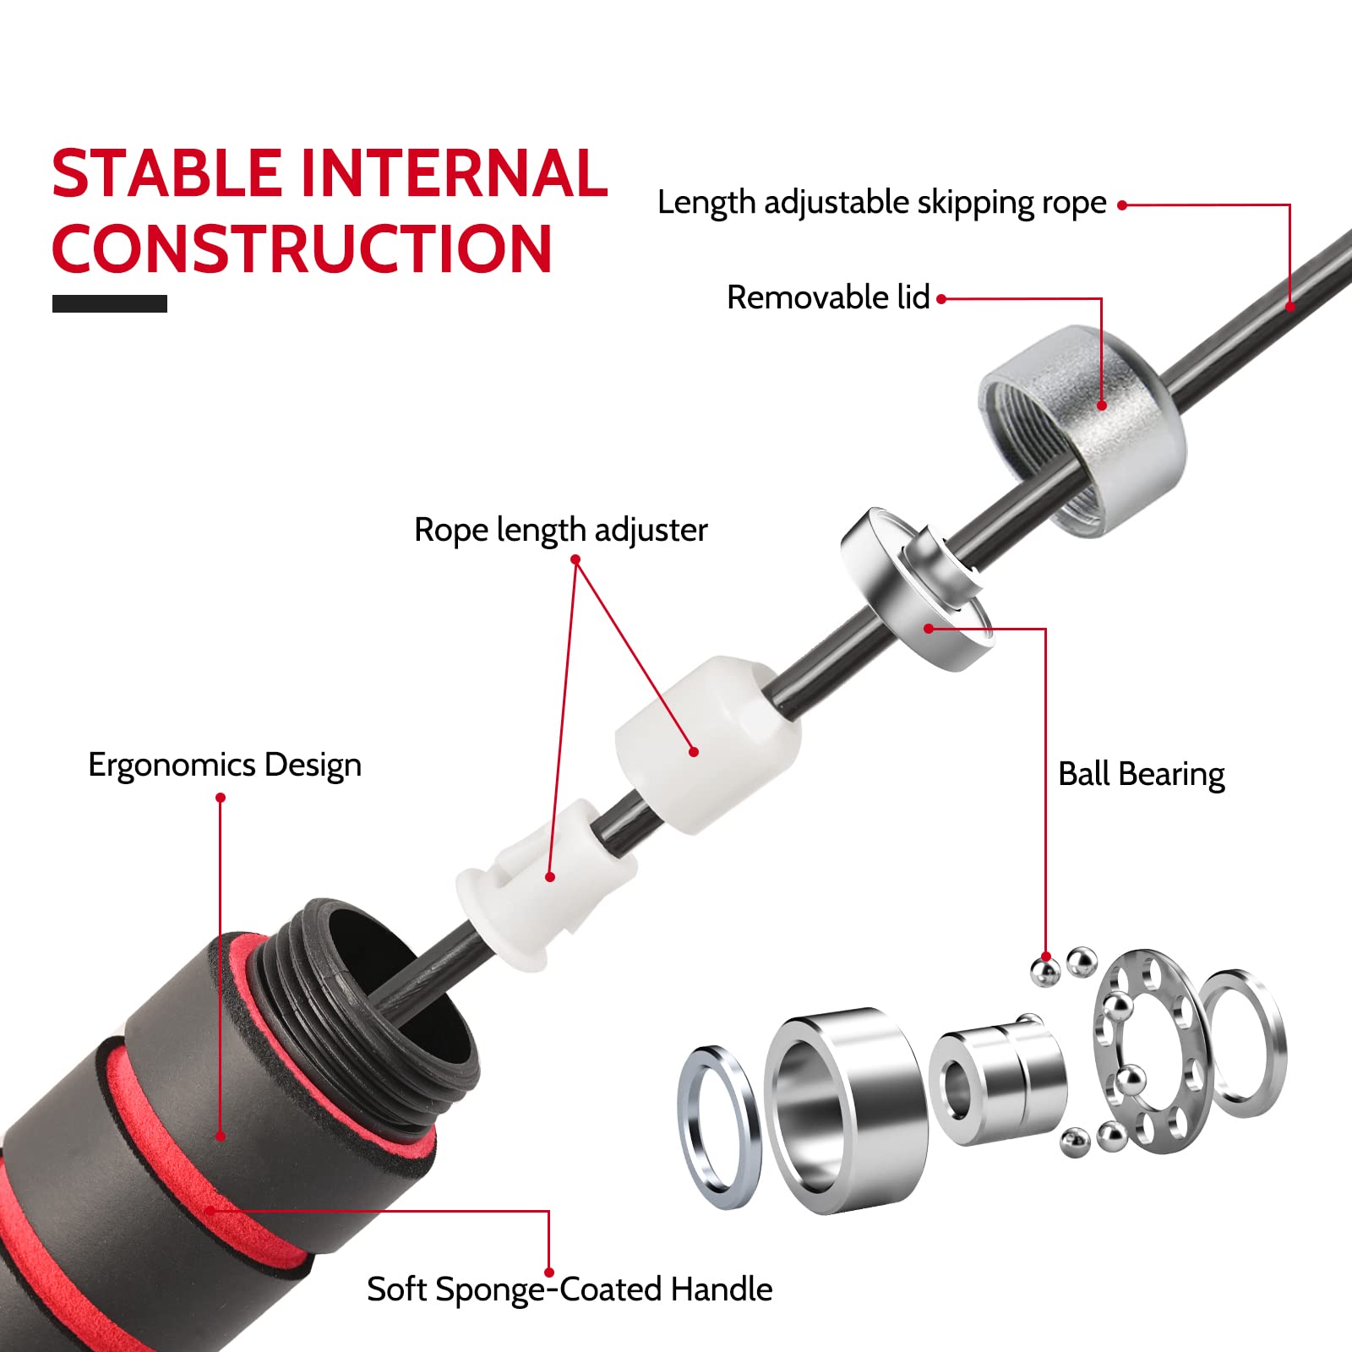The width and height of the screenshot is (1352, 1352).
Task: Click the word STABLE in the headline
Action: click(166, 173)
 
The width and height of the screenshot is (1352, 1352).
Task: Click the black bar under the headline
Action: click(110, 303)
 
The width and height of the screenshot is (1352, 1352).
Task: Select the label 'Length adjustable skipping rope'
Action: click(882, 204)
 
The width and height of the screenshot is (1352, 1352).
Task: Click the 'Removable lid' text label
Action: click(828, 297)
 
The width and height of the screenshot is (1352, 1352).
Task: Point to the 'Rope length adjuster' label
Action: click(561, 531)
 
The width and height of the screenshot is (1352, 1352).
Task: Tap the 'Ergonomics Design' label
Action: click(225, 766)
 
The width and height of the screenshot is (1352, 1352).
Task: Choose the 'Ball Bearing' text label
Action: click(1142, 775)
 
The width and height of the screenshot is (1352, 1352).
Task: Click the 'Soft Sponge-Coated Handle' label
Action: click(570, 1289)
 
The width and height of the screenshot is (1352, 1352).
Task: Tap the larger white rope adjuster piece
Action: click(706, 744)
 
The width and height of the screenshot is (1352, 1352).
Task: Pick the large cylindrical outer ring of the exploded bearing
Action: click(845, 1111)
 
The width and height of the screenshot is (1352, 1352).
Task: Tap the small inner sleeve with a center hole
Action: click(997, 1082)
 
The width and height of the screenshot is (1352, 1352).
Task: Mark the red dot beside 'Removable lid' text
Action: click(941, 298)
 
